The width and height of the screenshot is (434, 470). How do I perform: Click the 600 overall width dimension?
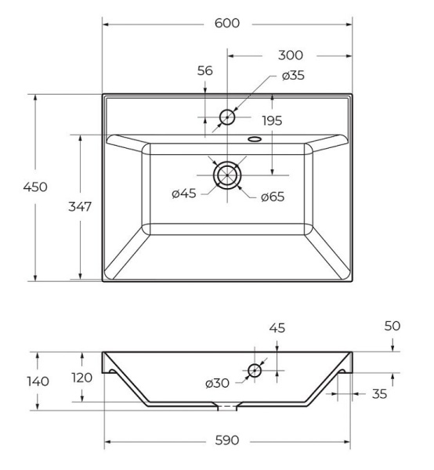[227, 23]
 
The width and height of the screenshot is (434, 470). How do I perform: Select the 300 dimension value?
[289, 56]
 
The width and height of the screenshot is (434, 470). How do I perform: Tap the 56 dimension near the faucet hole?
[205, 70]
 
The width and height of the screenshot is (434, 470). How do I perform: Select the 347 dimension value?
[80, 207]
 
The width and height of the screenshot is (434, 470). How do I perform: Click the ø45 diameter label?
[184, 193]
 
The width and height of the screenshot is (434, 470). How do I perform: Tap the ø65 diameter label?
[272, 196]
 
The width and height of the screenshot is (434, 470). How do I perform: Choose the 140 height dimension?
[37, 381]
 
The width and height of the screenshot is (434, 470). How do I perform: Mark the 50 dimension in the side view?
[392, 324]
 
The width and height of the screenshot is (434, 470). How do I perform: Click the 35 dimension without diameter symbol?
[379, 394]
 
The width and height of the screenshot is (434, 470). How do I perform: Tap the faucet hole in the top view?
[227, 117]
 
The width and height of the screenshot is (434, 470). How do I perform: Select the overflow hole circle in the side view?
[255, 370]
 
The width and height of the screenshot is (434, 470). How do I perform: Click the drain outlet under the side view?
[227, 406]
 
